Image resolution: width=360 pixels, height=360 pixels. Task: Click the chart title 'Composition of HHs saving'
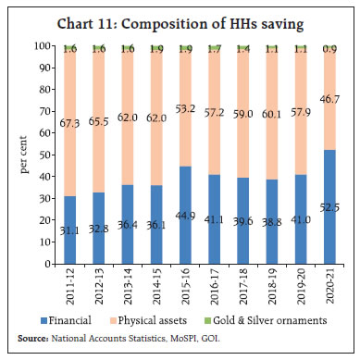coord(180,23)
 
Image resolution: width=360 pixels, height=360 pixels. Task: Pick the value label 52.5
coord(325,260)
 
